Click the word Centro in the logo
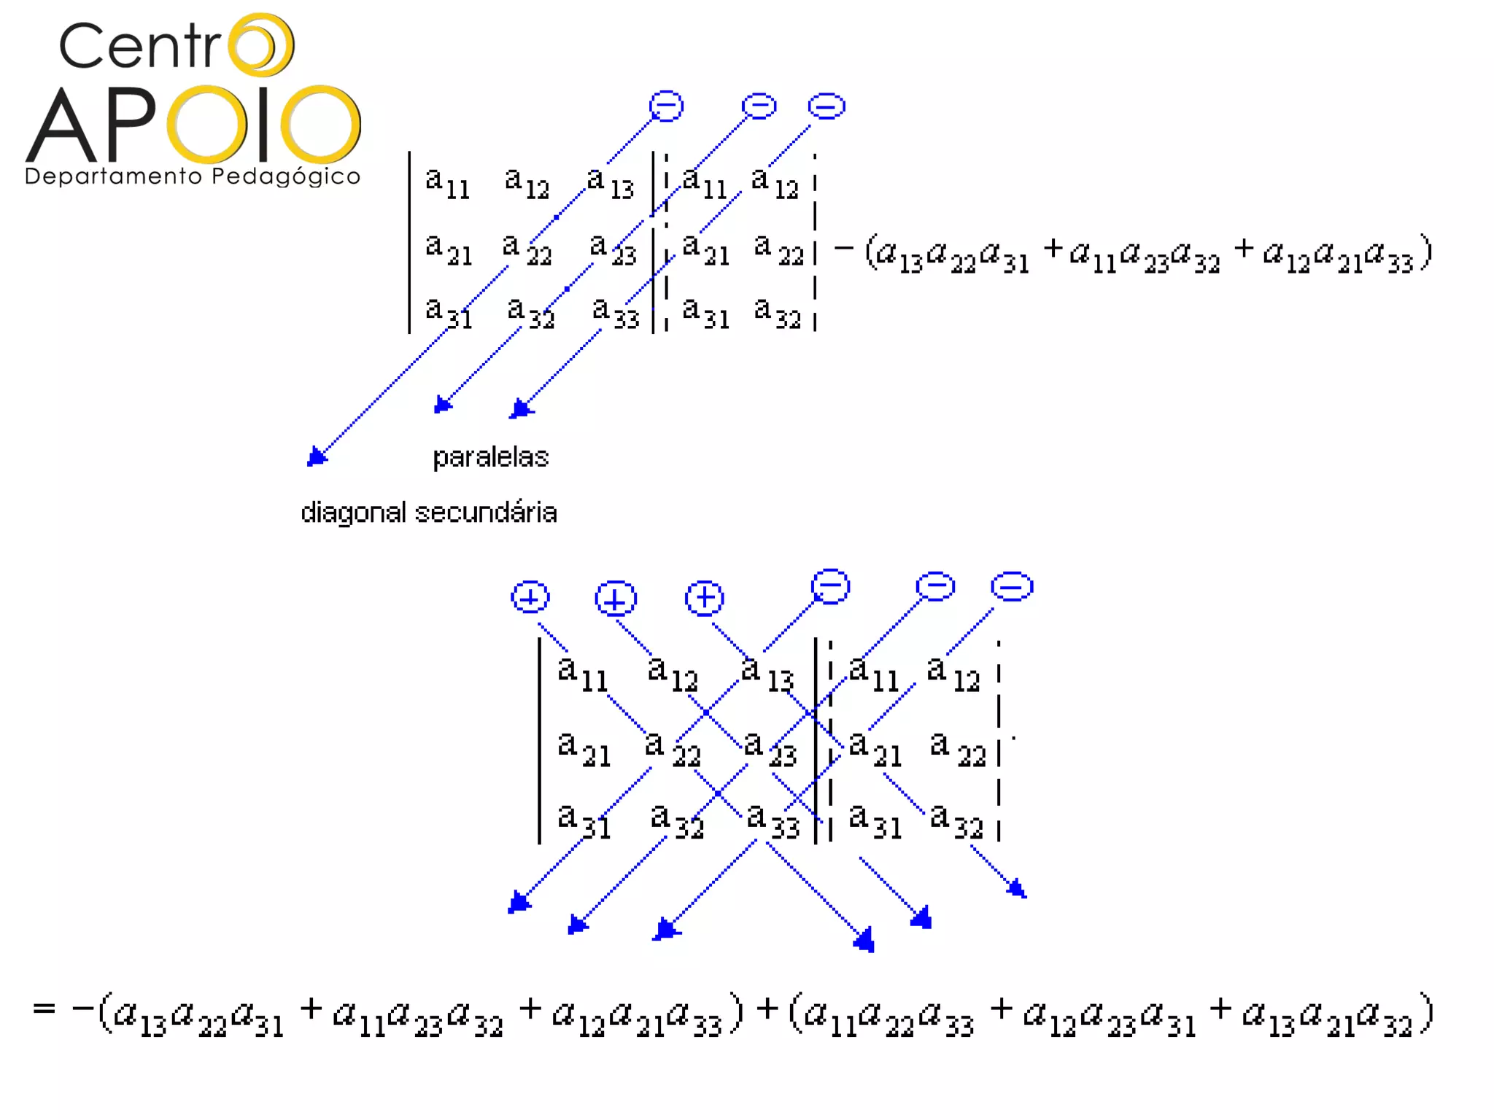tap(175, 45)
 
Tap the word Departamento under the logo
tap(113, 176)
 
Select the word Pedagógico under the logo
tap(286, 177)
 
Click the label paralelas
tap(490, 457)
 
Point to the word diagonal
tap(353, 513)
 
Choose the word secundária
tap(486, 513)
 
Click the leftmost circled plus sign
tap(530, 597)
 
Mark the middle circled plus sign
tap(616, 599)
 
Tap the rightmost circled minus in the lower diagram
tap(1012, 586)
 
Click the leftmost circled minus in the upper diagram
tap(666, 106)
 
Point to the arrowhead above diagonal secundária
tap(316, 457)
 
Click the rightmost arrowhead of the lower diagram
tap(1018, 888)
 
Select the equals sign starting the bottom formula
tap(44, 1008)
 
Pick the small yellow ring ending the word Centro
tap(260, 44)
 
